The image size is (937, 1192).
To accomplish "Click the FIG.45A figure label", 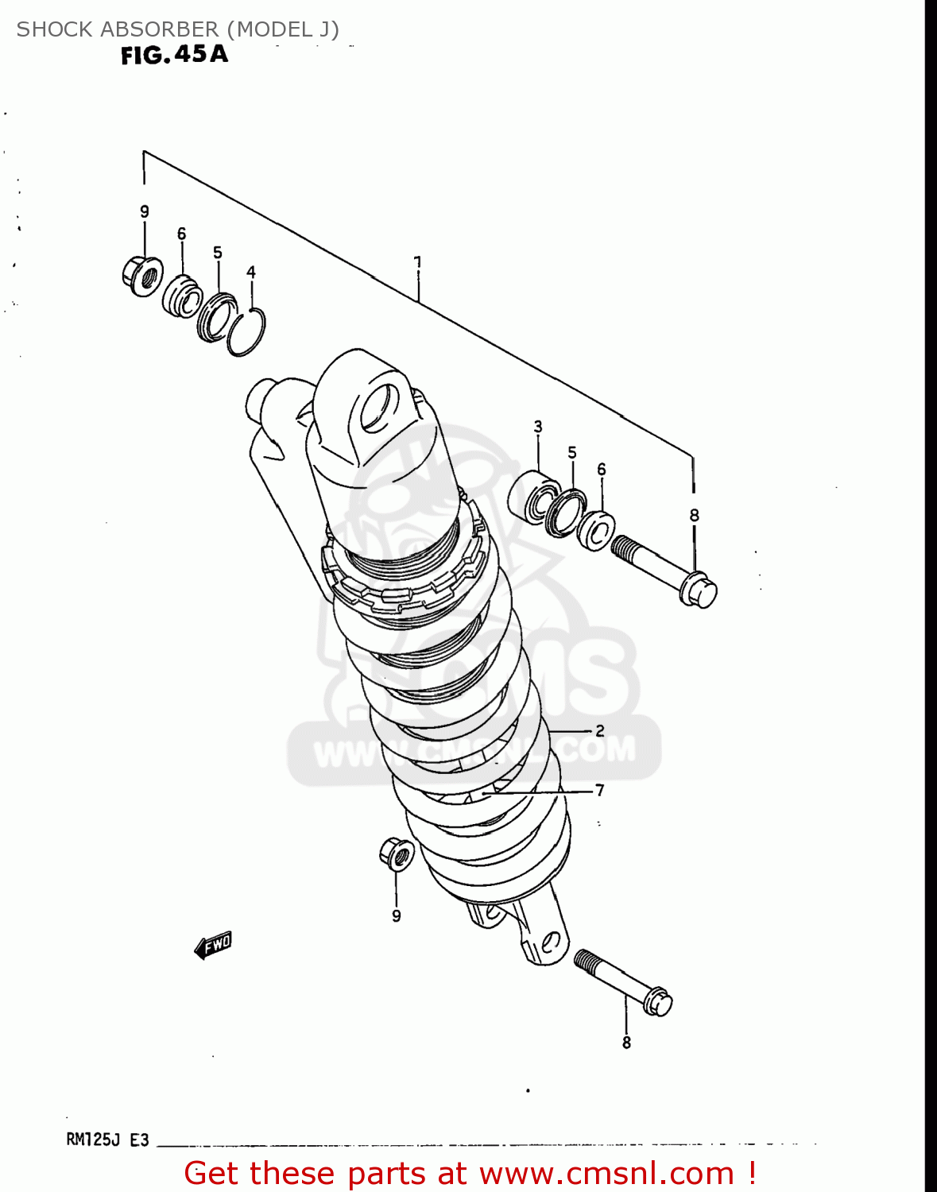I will [174, 55].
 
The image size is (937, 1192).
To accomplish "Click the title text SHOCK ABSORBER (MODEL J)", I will [177, 29].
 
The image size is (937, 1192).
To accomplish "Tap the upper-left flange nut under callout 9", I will [143, 276].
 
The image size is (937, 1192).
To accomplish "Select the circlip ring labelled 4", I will [246, 331].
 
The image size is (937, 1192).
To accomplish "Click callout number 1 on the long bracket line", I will [417, 262].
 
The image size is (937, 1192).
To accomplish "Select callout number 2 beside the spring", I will [599, 730].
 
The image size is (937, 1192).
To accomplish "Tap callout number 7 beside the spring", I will [599, 790].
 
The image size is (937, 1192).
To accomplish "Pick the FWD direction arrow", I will [213, 945].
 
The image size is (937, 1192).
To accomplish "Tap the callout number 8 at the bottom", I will [626, 1043].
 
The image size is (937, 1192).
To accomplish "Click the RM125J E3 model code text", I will [107, 1140].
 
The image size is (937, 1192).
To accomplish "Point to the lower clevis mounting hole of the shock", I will [548, 942].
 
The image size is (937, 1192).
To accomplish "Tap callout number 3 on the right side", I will [538, 427].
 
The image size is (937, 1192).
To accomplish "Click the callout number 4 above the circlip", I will [251, 273].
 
